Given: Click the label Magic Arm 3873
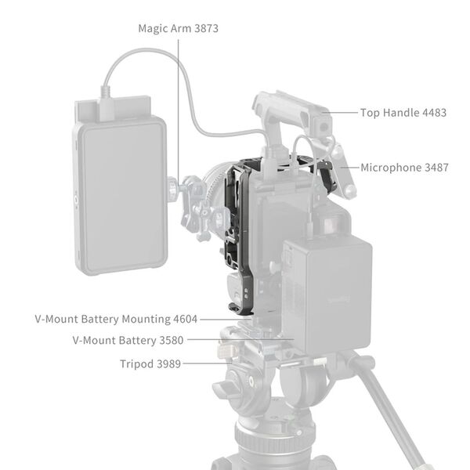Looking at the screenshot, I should pos(178,28).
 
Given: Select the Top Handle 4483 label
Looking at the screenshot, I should pos(403,113).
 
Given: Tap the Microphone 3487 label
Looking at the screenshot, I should pos(405,168).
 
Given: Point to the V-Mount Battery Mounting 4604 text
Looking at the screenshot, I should pos(116,320).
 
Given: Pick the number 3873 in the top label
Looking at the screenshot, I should pos(203,28).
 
